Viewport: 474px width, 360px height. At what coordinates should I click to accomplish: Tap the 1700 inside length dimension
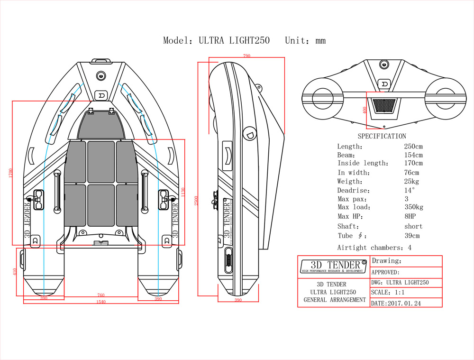10,173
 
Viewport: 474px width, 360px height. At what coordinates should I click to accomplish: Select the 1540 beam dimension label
101,302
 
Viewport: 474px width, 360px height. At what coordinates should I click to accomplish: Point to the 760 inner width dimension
101,295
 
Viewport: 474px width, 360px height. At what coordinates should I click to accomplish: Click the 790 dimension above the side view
246,56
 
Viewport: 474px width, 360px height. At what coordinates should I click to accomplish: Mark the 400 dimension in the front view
365,110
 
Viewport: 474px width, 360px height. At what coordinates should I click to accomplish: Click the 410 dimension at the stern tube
15,272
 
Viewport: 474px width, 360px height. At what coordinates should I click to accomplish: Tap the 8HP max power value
411,217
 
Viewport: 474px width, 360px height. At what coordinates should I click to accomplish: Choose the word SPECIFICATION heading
382,136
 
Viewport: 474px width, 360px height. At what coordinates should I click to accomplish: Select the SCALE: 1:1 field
387,293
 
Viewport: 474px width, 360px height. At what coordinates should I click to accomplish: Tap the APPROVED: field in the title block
385,272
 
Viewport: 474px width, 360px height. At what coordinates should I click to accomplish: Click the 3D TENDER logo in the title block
333,266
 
